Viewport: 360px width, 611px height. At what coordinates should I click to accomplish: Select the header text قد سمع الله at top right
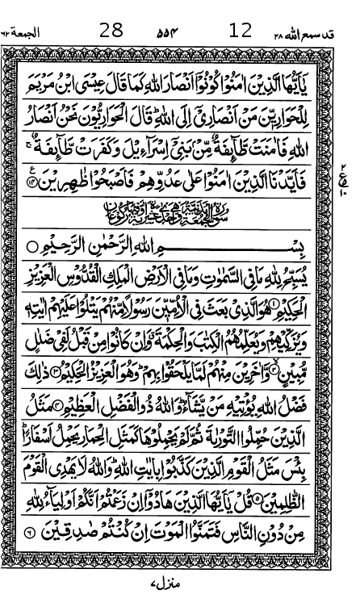click(x=321, y=32)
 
